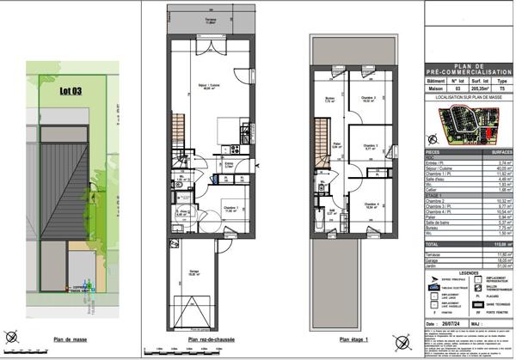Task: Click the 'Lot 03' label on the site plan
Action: [71, 88]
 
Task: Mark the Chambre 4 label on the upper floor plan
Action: [372, 204]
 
